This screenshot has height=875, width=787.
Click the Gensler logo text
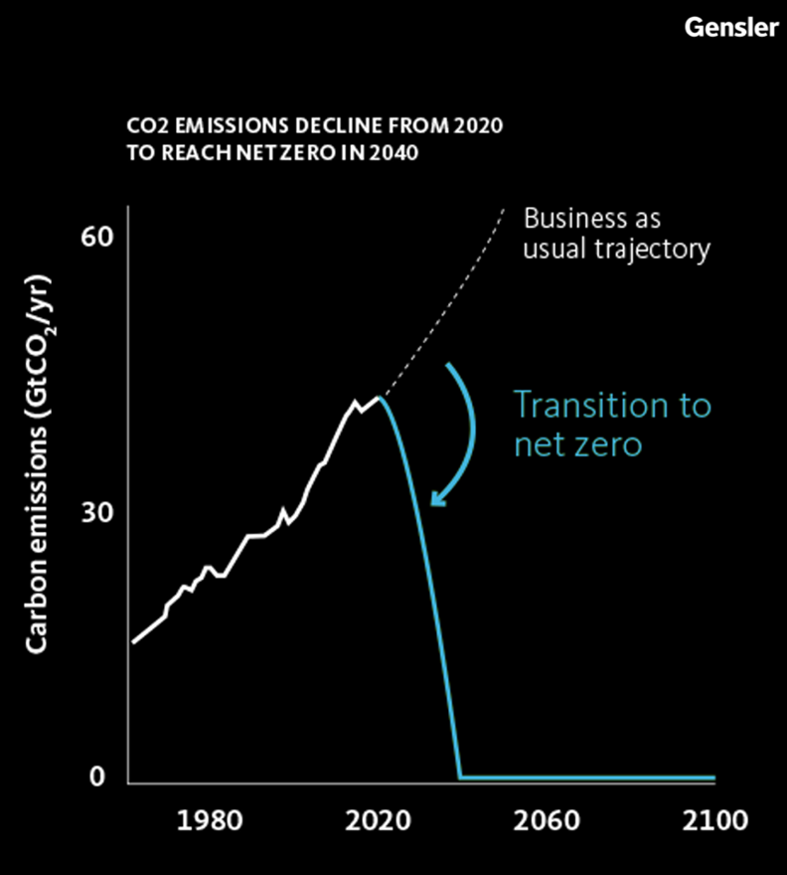click(x=730, y=27)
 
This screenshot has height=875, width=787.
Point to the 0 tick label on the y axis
click(x=97, y=777)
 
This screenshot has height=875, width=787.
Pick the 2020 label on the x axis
click(x=379, y=822)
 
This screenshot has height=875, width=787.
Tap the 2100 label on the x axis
click(x=715, y=822)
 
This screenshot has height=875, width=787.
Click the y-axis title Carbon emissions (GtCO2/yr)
click(x=41, y=468)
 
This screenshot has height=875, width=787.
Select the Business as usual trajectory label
click(x=616, y=233)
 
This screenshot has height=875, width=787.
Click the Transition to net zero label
click(x=612, y=424)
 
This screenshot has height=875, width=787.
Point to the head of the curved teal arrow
click(x=435, y=500)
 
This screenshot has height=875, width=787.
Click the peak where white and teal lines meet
click(x=379, y=398)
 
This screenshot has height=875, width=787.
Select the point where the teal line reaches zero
click(x=460, y=777)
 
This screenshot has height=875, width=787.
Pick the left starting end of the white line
click(x=133, y=642)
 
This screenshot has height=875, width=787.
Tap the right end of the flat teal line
click(x=713, y=777)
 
